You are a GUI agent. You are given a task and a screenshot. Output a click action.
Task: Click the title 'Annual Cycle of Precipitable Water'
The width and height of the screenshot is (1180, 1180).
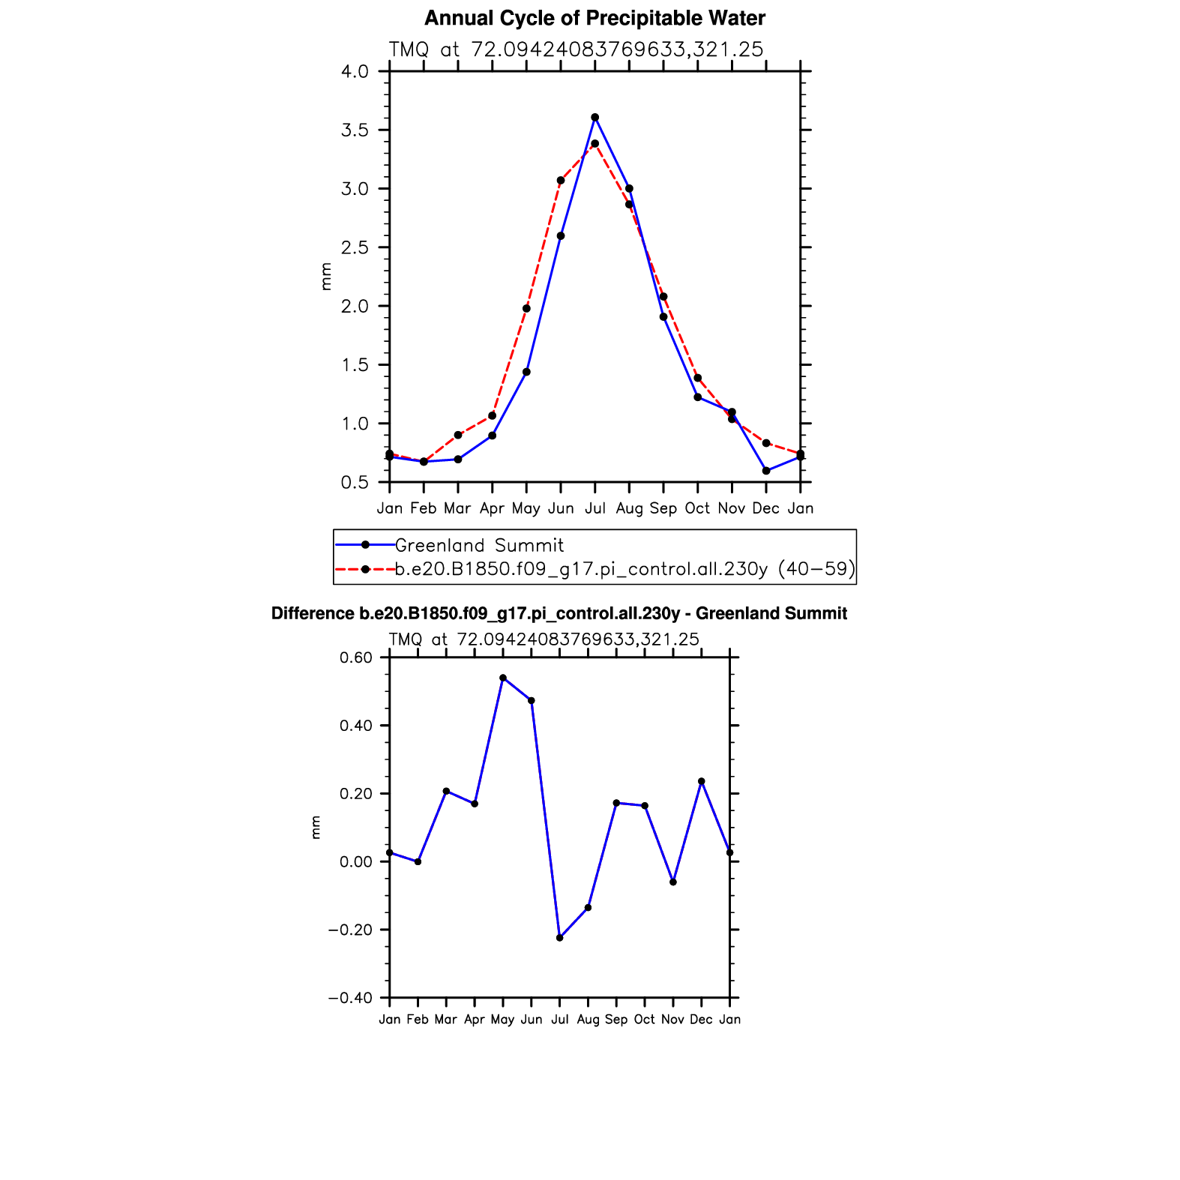(594, 18)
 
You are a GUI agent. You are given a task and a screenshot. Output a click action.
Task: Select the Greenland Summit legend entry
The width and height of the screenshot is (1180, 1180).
(479, 545)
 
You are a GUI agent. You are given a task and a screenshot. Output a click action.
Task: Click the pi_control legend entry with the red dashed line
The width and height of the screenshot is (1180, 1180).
(624, 570)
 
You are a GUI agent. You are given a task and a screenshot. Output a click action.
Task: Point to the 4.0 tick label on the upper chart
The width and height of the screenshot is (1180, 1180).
(355, 72)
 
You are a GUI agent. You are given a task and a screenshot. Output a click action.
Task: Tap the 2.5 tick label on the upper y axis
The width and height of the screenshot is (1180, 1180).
(355, 247)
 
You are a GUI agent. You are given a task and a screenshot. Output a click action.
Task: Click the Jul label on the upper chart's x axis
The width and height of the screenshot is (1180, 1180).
(594, 508)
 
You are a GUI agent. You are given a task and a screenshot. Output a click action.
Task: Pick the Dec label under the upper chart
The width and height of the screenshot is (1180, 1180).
(765, 508)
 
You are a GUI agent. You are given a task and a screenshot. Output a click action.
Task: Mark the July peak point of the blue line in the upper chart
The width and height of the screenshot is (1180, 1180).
(594, 117)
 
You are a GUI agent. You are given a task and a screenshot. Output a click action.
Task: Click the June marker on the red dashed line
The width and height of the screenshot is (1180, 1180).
(561, 181)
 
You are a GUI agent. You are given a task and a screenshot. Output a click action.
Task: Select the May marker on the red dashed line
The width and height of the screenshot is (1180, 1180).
(526, 308)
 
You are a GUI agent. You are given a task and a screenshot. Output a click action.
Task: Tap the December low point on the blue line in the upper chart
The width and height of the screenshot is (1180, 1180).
(766, 471)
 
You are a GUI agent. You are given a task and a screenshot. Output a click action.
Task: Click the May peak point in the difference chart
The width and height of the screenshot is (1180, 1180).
(503, 678)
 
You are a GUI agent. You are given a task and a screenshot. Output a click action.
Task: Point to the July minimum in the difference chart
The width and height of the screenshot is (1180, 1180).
(559, 938)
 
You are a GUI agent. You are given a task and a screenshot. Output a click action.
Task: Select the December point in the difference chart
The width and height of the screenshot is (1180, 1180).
(702, 781)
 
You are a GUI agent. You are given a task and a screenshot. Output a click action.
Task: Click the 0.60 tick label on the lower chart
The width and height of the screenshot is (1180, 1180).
(356, 658)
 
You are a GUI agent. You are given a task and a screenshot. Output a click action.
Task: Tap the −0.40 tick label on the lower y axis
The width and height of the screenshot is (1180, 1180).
(350, 998)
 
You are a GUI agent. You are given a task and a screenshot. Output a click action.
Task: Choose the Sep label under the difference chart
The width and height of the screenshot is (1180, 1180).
(616, 1020)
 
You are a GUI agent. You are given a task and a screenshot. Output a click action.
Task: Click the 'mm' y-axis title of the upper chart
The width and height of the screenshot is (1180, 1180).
(326, 276)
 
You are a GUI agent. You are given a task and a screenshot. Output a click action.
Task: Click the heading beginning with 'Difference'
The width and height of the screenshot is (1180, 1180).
(559, 614)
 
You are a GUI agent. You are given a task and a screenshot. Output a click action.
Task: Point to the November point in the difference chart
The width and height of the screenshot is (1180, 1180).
(673, 882)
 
